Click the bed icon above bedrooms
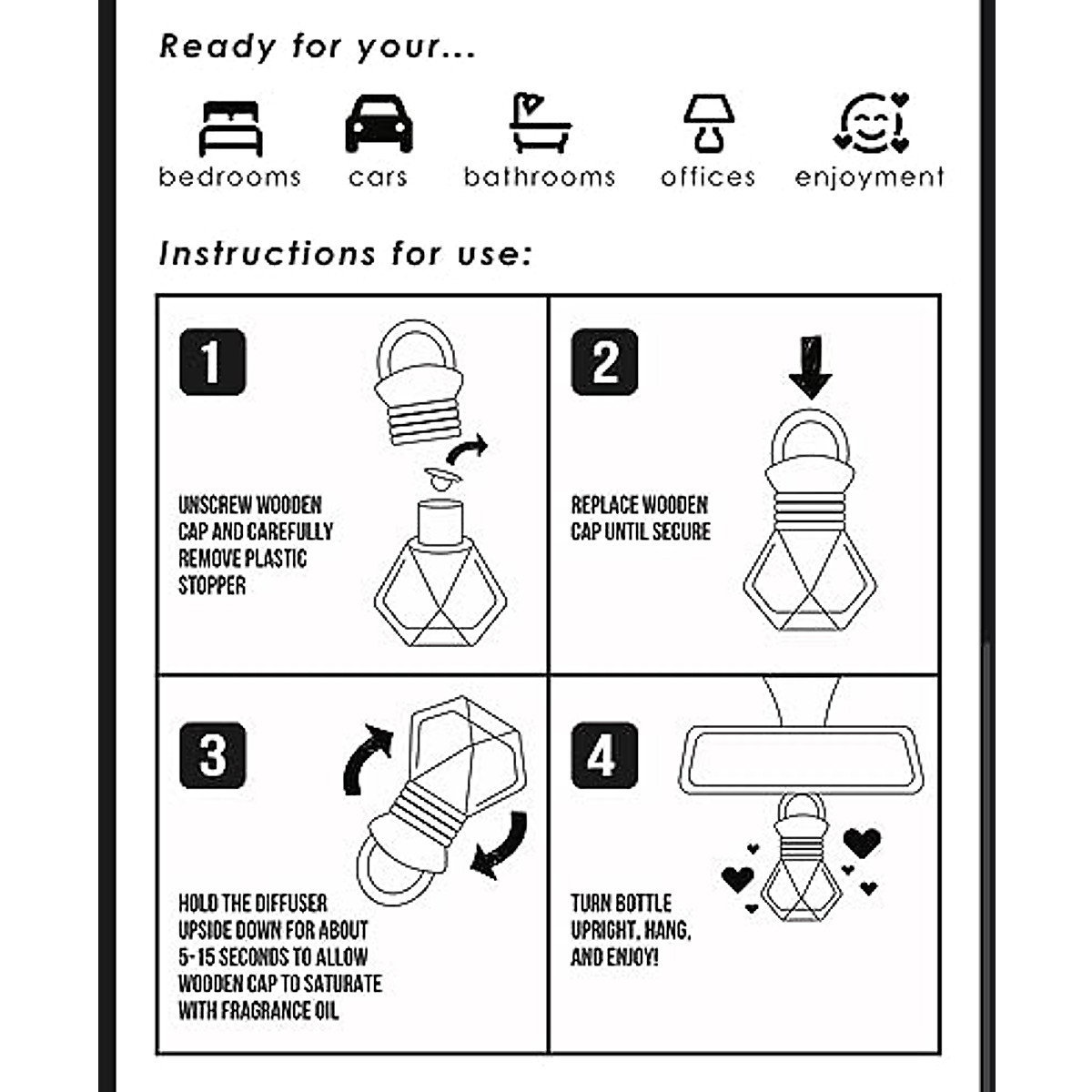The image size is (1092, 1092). pyautogui.click(x=230, y=128)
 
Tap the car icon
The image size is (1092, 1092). pyautogui.click(x=379, y=125)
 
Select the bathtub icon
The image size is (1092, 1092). pyautogui.click(x=539, y=124)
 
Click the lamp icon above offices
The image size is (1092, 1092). pyautogui.click(x=708, y=124)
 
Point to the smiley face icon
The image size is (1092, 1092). pyautogui.click(x=871, y=123)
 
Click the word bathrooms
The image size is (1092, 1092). pyautogui.click(x=539, y=177)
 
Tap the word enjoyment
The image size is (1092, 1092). pyautogui.click(x=869, y=177)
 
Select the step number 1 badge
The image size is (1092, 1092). pyautogui.click(x=212, y=362)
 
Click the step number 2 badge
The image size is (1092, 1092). pyautogui.click(x=604, y=362)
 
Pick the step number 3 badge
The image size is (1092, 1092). pyautogui.click(x=212, y=755)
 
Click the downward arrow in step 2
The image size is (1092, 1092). pyautogui.click(x=810, y=366)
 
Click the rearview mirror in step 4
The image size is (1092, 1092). pyautogui.click(x=801, y=759)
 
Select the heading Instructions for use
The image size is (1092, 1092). pyautogui.click(x=345, y=254)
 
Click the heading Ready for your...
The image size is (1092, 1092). pyautogui.click(x=317, y=46)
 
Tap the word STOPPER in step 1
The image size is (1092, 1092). pyautogui.click(x=212, y=585)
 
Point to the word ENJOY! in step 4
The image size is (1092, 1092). pyautogui.click(x=628, y=957)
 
